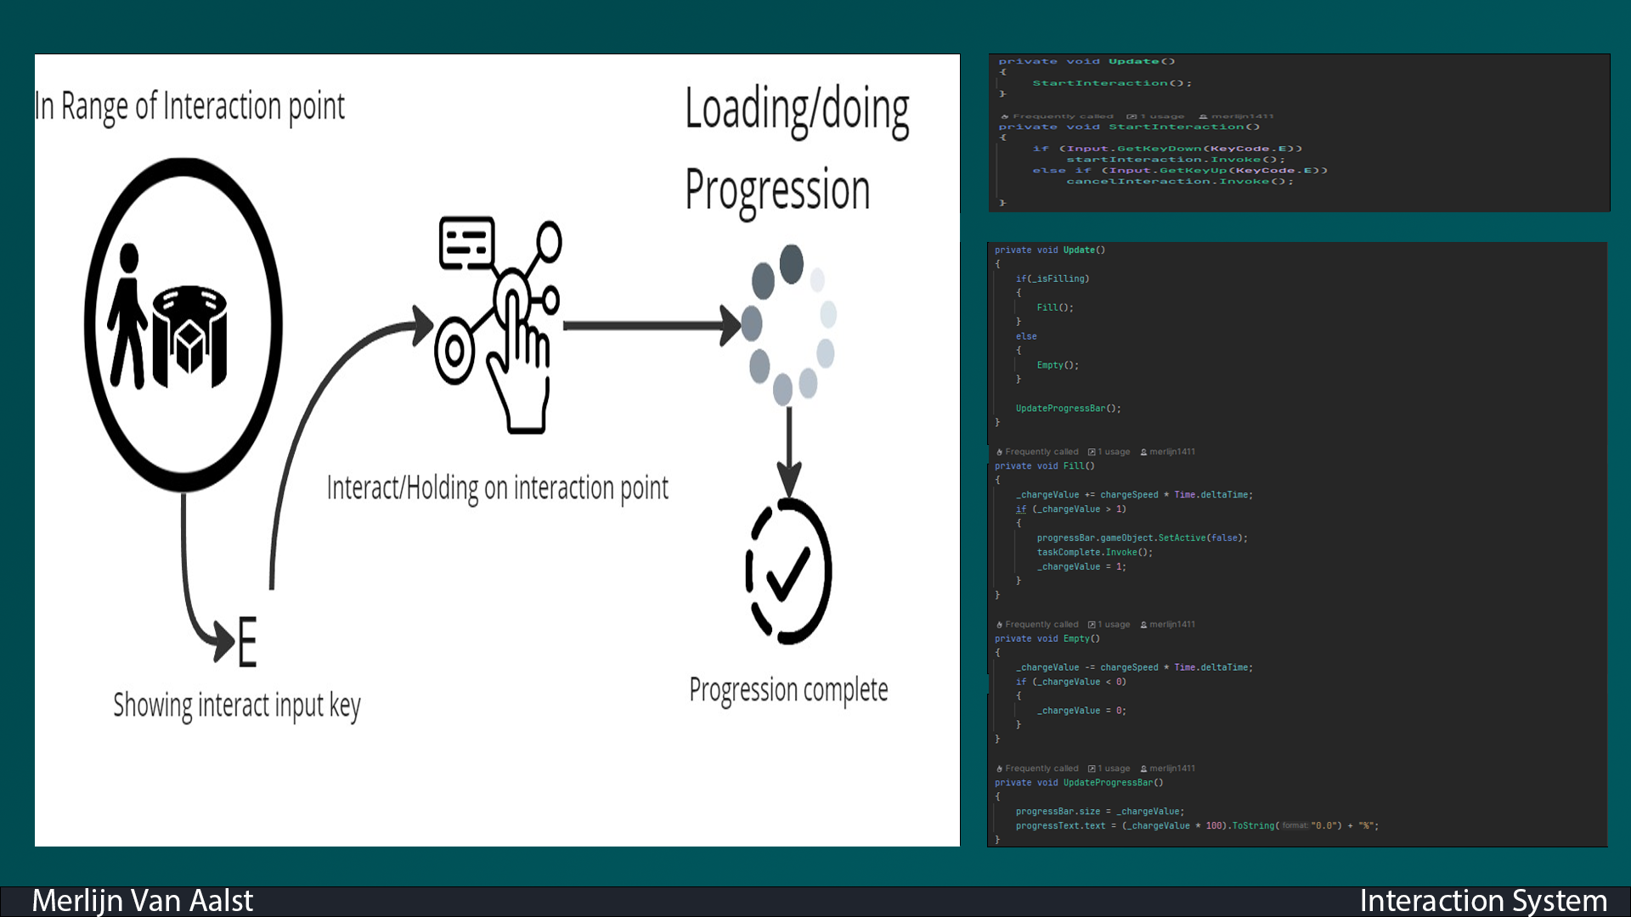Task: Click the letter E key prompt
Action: [x=246, y=642]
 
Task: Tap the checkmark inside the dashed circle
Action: [x=788, y=572]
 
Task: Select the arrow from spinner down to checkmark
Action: [x=789, y=450]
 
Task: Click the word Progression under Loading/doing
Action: [x=777, y=190]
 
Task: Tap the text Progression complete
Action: [x=788, y=689]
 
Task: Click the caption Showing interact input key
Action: [x=237, y=706]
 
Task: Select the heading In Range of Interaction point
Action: [x=189, y=107]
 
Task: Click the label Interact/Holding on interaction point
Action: [x=497, y=488]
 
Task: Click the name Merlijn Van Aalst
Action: [x=142, y=900]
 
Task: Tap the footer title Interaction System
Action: [x=1482, y=900]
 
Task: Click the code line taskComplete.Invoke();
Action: [x=1094, y=552]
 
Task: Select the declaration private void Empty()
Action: [x=1047, y=639]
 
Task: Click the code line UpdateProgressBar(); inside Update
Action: [x=1068, y=408]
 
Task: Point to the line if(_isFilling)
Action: [x=1052, y=278]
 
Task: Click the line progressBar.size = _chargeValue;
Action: [x=1099, y=812]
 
